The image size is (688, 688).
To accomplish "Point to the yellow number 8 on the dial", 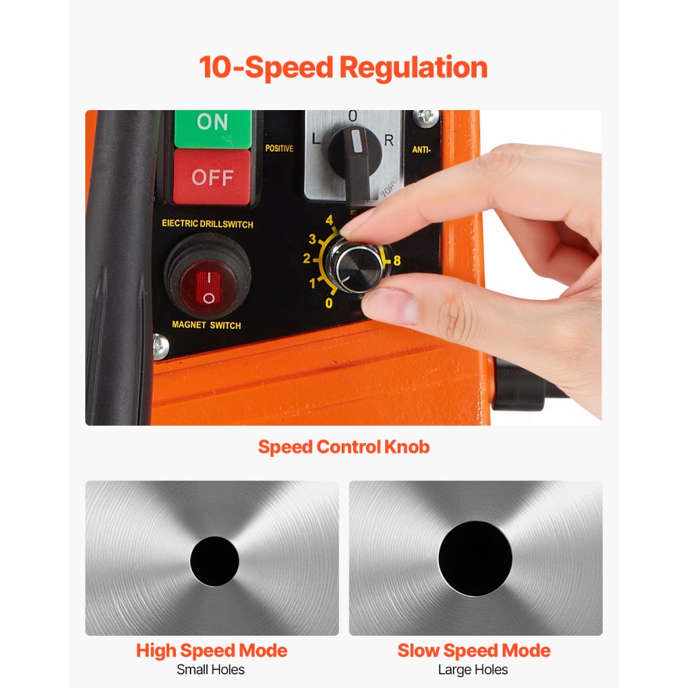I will coord(396,261).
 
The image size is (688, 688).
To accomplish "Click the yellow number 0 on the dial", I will coord(329,303).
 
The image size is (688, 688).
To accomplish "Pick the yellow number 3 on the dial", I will coord(312,239).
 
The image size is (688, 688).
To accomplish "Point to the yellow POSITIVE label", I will coord(279,149).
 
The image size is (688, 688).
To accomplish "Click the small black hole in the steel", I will coord(214,561).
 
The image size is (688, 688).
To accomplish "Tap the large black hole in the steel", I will coord(475,558).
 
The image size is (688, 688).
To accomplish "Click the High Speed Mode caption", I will coord(211,651).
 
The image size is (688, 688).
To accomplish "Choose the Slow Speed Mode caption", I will coord(474,651).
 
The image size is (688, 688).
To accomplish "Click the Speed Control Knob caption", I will coord(344,447).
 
